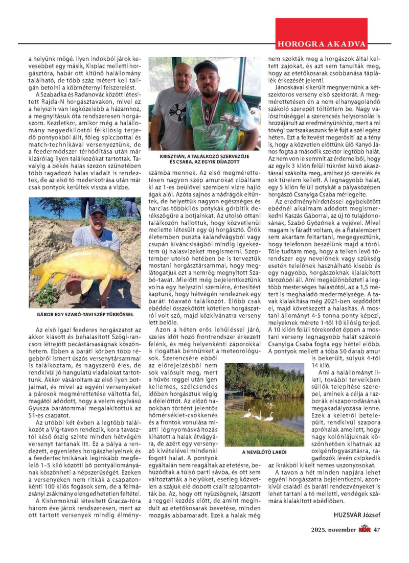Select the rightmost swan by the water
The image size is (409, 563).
click(268, 416)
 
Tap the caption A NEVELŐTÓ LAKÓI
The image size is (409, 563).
click(264, 452)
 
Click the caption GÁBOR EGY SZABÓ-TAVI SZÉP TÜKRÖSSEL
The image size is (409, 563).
click(84, 315)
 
